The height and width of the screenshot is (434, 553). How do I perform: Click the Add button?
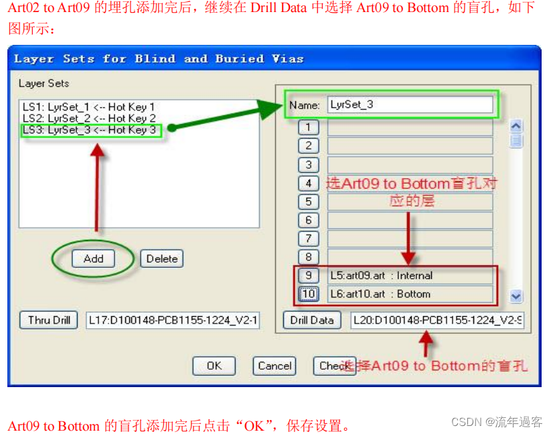(94, 259)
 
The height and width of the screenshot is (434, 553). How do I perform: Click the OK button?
(214, 366)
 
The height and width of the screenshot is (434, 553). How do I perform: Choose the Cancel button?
(274, 366)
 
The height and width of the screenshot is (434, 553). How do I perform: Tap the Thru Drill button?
(49, 320)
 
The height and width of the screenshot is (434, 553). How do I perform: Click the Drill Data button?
(312, 320)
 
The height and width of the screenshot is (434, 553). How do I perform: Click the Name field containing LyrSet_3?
(410, 105)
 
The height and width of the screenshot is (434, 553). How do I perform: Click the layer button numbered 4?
(308, 183)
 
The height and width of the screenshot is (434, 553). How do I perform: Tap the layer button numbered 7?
(308, 238)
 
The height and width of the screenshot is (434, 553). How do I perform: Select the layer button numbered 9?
(308, 275)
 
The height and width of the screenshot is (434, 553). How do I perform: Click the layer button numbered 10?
(308, 294)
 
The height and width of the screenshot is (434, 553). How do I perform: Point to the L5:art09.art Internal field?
(410, 275)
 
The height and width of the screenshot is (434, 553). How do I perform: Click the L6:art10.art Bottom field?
(410, 294)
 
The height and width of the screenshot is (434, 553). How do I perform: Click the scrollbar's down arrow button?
(516, 295)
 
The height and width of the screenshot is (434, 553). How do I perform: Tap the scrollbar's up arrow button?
(516, 126)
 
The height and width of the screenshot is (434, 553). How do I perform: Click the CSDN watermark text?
(497, 422)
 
